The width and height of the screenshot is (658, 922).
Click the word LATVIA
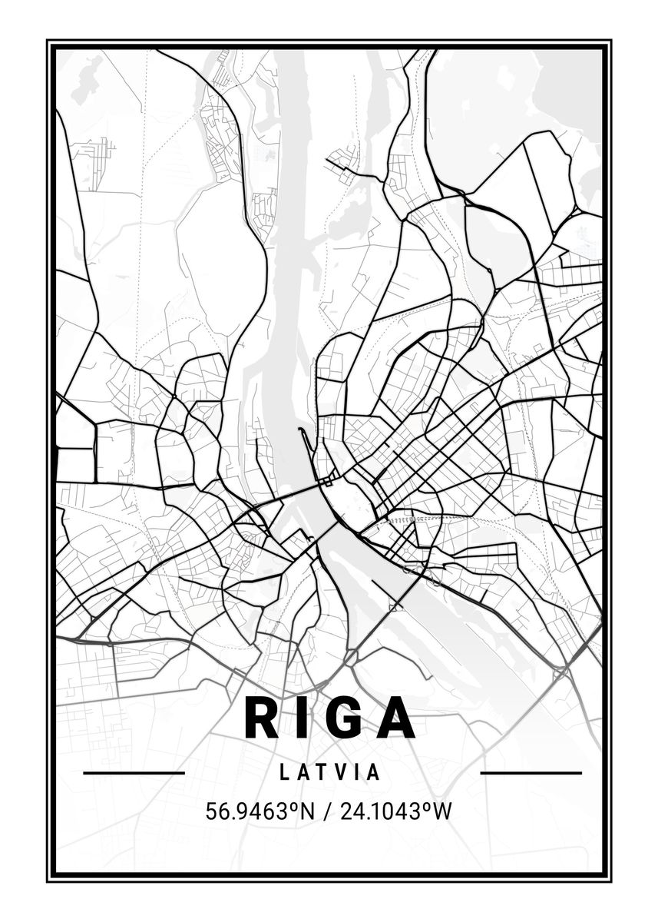pyautogui.click(x=330, y=772)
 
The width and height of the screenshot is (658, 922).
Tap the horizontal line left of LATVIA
pyautogui.click(x=134, y=772)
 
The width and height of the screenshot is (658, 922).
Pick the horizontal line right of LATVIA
pyautogui.click(x=531, y=772)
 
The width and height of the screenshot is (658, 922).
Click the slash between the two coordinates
pyautogui.click(x=326, y=811)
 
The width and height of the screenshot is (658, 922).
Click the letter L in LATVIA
pyautogui.click(x=285, y=772)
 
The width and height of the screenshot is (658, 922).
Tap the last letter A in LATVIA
pyautogui.click(x=374, y=772)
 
